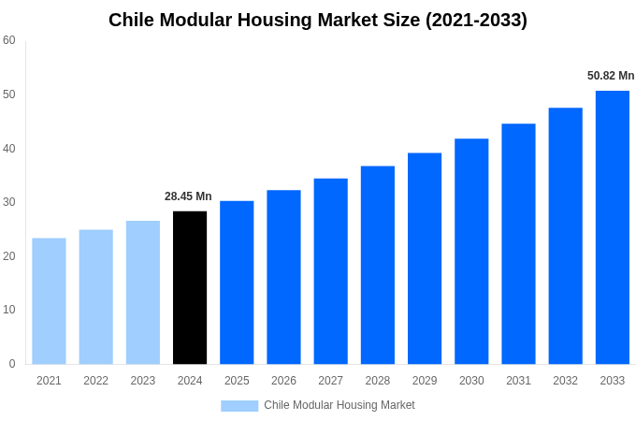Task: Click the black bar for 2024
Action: [190, 288]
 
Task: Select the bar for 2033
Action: [613, 227]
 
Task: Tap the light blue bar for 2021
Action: [49, 301]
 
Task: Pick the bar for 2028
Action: [378, 265]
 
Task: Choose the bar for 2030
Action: [471, 252]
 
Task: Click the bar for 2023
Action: [143, 293]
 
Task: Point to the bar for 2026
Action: [283, 277]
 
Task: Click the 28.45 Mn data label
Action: [188, 196]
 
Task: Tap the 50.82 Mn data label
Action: [611, 76]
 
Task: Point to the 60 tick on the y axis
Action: [9, 40]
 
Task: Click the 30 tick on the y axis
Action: [9, 202]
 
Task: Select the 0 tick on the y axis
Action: [12, 364]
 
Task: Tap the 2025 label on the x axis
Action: [237, 381]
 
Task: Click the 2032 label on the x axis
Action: [565, 381]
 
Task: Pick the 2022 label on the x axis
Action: [95, 381]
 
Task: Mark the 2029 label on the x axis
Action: [425, 381]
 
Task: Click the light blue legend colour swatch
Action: [239, 406]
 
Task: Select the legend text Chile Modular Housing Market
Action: [339, 405]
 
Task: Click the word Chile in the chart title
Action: [133, 20]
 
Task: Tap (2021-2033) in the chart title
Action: [476, 20]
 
